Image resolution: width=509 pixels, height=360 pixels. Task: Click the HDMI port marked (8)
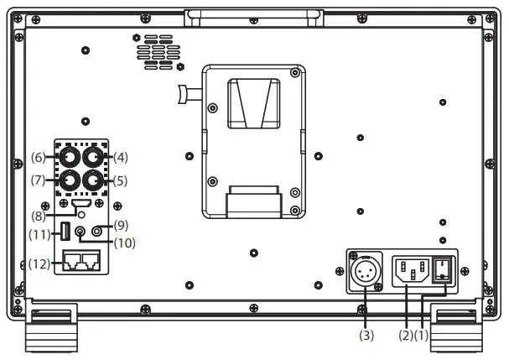pos(82,204)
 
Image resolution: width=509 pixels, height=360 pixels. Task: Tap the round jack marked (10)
pos(81,232)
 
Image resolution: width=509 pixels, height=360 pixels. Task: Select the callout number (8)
pos(40,217)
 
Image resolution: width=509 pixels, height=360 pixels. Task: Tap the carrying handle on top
pos(243,14)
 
